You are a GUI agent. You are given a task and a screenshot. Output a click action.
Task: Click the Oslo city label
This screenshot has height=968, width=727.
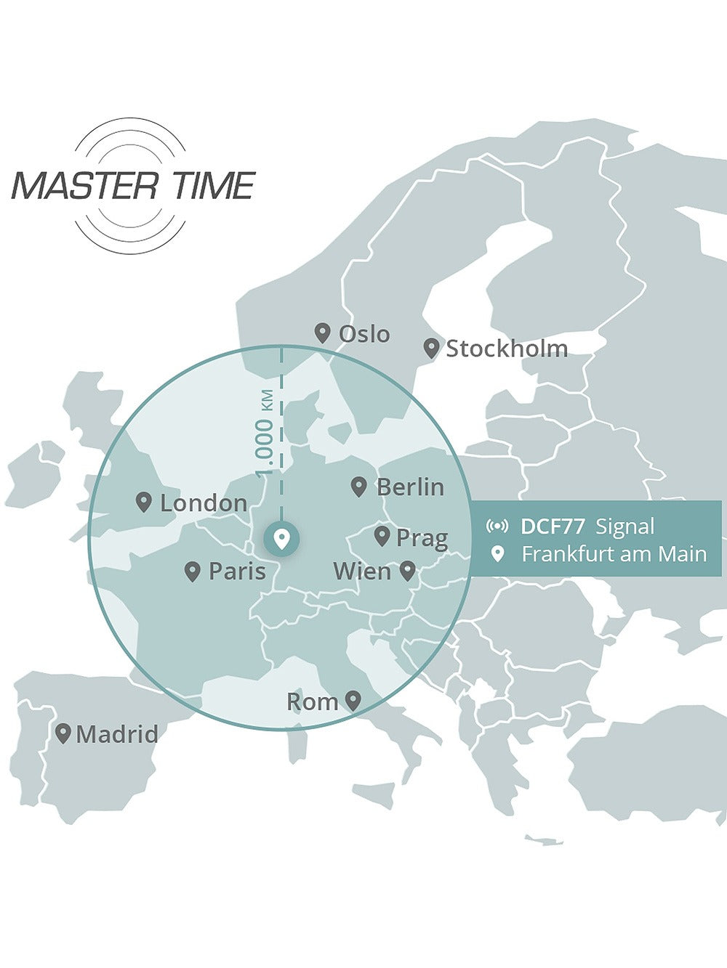(x=364, y=334)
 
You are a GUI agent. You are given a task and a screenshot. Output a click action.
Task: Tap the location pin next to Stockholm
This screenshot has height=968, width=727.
(x=432, y=349)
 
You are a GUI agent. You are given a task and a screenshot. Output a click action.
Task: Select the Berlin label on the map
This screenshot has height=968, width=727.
(x=411, y=487)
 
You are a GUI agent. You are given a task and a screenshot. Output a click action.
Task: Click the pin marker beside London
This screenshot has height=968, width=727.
(x=144, y=502)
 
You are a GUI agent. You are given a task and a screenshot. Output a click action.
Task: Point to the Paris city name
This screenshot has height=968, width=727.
(x=237, y=572)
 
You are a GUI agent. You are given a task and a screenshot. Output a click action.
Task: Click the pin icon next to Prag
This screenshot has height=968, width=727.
(x=382, y=537)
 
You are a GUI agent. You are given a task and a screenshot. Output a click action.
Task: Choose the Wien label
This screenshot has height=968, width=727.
(x=362, y=572)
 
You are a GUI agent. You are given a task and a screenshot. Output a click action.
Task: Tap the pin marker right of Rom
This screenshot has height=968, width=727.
(x=353, y=701)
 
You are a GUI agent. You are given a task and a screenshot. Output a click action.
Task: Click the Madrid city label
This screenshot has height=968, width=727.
(x=117, y=734)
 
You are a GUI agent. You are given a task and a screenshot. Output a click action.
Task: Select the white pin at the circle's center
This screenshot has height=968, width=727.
(x=281, y=539)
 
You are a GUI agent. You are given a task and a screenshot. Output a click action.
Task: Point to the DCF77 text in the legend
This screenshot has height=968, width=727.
(x=553, y=526)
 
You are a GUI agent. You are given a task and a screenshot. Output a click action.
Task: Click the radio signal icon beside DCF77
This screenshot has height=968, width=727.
(x=497, y=526)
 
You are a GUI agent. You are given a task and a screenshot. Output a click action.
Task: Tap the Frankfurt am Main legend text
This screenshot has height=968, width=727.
(x=614, y=554)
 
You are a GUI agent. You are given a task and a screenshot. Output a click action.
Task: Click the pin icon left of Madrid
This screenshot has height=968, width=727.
(x=63, y=733)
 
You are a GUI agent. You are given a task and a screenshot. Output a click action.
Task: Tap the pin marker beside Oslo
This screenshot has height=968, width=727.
(x=323, y=333)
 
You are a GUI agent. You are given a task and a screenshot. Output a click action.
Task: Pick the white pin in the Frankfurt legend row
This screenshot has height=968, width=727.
(x=497, y=554)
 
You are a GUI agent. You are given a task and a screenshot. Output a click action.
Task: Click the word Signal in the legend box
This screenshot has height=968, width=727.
(x=624, y=526)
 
